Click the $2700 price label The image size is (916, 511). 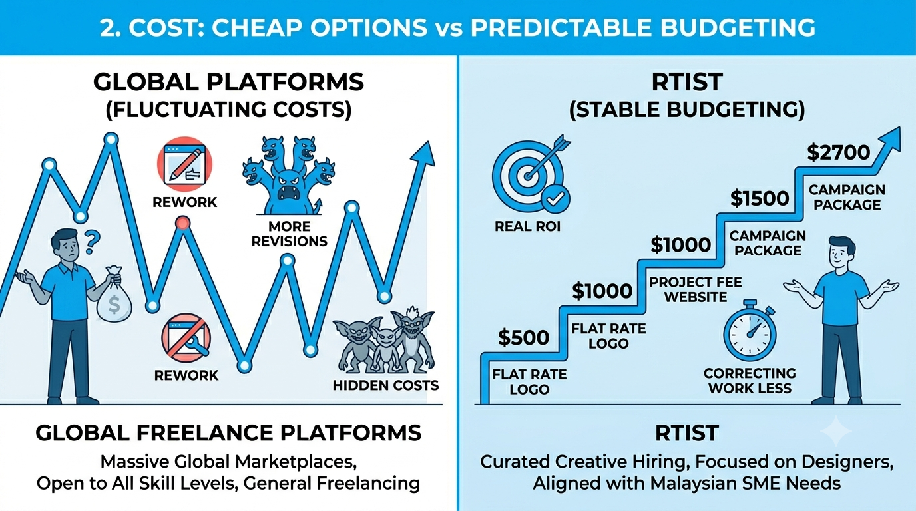[838, 153]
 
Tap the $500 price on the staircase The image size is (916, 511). [523, 337]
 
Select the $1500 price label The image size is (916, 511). [760, 199]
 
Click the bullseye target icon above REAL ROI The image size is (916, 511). [531, 174]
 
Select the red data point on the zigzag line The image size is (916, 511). [183, 223]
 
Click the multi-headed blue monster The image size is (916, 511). [289, 176]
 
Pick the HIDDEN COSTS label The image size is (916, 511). [385, 385]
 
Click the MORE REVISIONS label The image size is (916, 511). [289, 234]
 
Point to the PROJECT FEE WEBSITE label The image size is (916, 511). [695, 289]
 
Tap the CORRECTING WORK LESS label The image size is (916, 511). [750, 381]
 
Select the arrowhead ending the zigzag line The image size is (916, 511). [423, 154]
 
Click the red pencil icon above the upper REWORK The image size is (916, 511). [184, 164]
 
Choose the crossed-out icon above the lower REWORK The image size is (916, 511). [186, 337]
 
